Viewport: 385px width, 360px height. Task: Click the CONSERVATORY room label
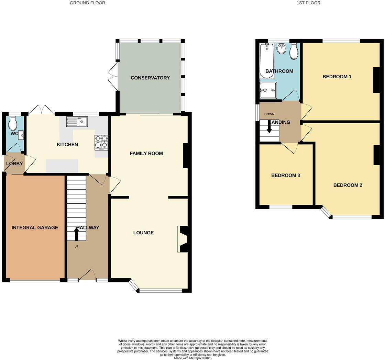[150, 78]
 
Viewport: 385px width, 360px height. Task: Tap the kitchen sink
[77, 121]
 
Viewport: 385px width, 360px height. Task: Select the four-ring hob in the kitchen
[101, 143]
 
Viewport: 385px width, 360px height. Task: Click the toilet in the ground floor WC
[13, 122]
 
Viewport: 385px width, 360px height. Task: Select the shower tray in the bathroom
[267, 90]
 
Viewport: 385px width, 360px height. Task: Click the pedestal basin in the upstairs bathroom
[282, 48]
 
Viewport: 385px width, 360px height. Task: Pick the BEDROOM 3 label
[286, 176]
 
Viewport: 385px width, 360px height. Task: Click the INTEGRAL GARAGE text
[35, 228]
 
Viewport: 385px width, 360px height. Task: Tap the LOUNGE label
[143, 233]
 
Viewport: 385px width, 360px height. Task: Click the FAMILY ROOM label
[146, 154]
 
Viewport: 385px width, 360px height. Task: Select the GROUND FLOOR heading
[87, 3]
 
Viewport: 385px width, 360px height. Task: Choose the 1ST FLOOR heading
[308, 3]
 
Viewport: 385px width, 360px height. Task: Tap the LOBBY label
[14, 164]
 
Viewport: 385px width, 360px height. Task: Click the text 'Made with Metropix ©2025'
[192, 358]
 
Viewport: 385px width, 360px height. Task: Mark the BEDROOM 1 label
[337, 77]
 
